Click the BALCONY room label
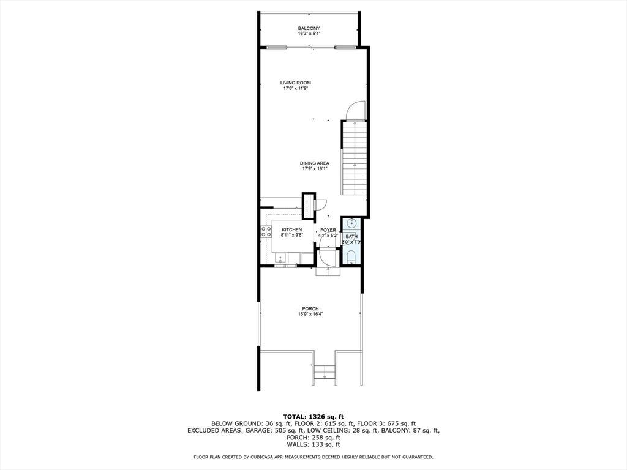point(309,28)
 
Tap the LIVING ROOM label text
point(296,83)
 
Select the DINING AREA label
point(315,163)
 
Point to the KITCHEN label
point(292,230)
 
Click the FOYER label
point(328,230)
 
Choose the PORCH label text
point(310,308)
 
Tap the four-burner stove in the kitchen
point(266,232)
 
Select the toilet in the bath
point(351,256)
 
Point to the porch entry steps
point(325,371)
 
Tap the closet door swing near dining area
point(321,203)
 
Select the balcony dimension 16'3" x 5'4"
point(309,34)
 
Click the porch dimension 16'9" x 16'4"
point(310,314)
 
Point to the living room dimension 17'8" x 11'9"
point(296,88)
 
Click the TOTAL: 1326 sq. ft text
point(313,416)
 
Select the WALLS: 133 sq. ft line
point(313,444)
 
